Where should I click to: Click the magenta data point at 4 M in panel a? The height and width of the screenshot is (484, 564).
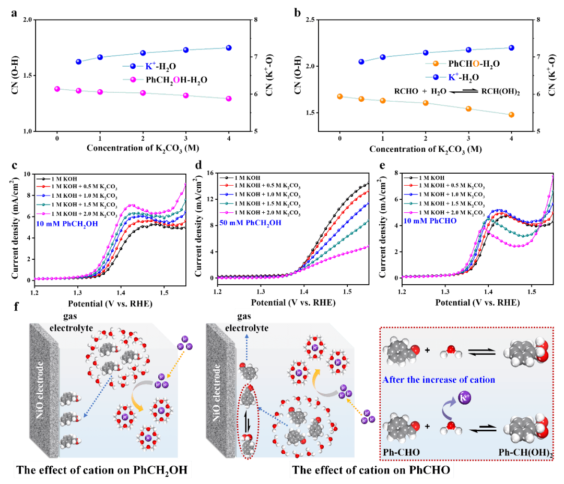tap(228, 99)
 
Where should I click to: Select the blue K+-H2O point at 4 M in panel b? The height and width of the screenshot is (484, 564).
tap(511, 48)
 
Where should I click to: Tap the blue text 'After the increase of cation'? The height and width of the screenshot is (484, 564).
tap(439, 380)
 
